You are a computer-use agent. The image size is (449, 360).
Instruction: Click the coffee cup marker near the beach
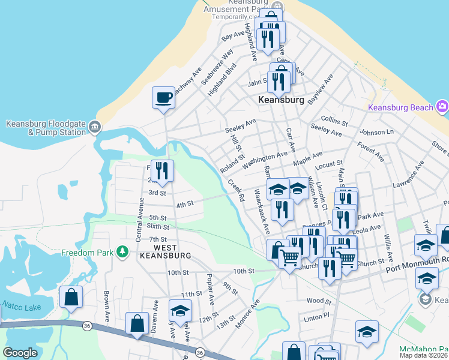(163, 98)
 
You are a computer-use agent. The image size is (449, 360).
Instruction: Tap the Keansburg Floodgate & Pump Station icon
(94, 127)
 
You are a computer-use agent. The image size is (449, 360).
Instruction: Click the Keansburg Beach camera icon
(443, 107)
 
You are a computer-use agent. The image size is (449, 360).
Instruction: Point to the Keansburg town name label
(281, 100)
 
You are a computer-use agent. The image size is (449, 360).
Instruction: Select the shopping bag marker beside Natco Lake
(71, 298)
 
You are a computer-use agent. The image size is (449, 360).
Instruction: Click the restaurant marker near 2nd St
(161, 171)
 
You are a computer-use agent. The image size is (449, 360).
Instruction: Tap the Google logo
(20, 353)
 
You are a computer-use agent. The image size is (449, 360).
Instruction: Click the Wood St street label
(318, 301)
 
